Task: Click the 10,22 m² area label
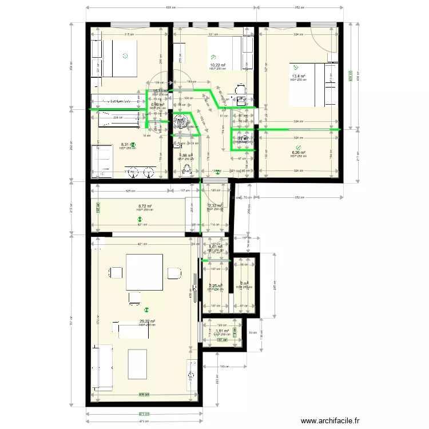tap(217, 65)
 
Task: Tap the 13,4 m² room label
tap(298, 77)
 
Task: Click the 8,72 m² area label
tap(145, 206)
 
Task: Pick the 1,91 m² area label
tap(222, 331)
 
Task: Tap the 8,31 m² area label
tap(126, 145)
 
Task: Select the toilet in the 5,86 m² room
tap(186, 169)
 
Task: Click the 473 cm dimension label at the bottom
tap(144, 421)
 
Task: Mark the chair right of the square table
tap(173, 272)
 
